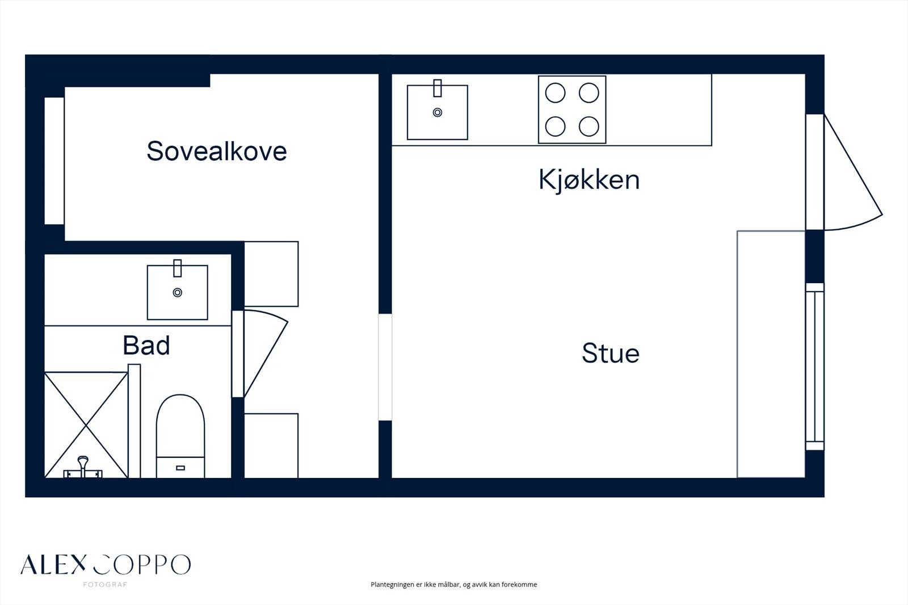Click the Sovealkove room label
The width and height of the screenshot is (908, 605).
[217, 151]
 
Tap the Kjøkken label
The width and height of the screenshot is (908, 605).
[589, 180]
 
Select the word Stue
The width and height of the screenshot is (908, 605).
[611, 353]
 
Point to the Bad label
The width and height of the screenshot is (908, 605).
[146, 346]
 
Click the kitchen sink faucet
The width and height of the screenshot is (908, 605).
[438, 88]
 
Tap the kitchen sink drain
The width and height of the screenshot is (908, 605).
[438, 112]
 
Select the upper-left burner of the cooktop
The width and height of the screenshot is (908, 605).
[556, 93]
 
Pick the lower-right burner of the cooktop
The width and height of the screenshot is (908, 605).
[589, 126]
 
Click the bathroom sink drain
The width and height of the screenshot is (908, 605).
[178, 292]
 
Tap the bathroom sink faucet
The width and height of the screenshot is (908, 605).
[178, 268]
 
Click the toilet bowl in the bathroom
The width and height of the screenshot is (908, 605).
[180, 426]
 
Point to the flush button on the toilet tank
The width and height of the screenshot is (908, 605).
[180, 468]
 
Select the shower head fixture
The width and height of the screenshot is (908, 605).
[83, 467]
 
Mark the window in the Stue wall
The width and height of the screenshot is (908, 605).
[815, 367]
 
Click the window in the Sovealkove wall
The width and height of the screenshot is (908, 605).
[54, 161]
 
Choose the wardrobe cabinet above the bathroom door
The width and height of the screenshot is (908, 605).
[271, 274]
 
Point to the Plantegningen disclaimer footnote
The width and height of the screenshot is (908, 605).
[453, 585]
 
